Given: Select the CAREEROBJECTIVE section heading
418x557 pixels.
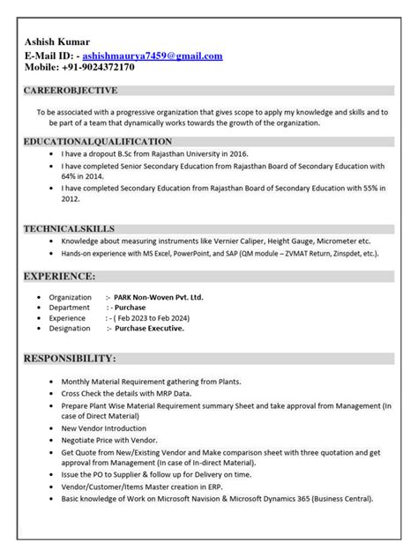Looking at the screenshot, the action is coord(71,91).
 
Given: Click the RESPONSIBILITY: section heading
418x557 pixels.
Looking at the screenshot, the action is coord(69,359).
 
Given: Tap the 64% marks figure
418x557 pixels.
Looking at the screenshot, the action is coord(71,176).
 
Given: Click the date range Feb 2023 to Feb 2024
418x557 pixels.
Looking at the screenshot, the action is coord(158,317).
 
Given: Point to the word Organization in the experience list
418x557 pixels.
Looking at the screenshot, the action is coord(70,298).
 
